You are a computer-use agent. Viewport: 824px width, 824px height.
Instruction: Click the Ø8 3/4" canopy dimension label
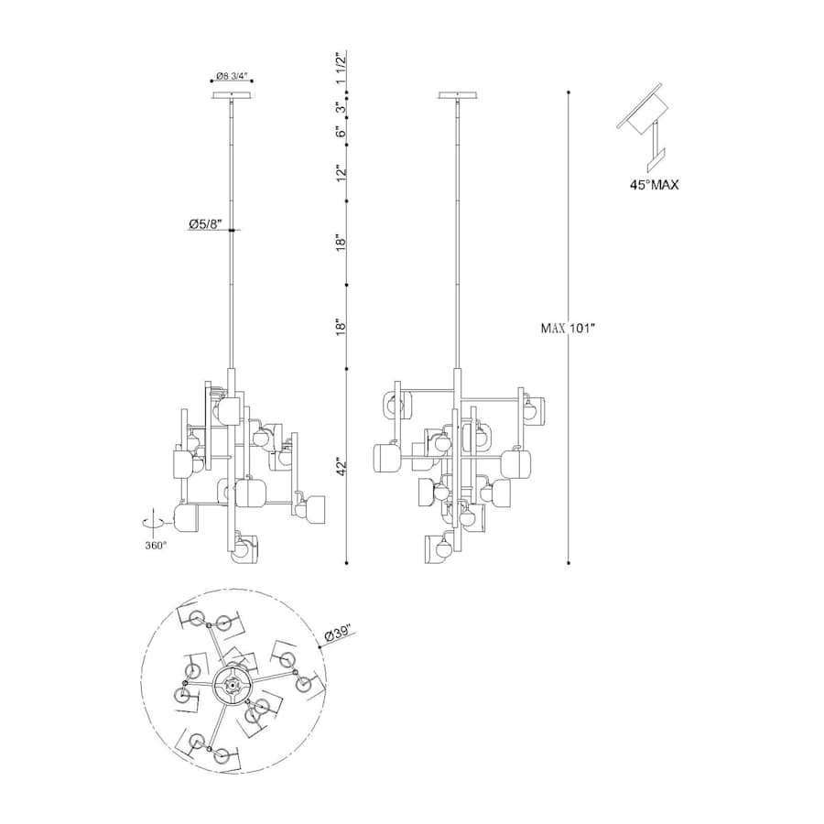click(x=232, y=76)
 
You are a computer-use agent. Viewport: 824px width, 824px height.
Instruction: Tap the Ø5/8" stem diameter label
click(x=205, y=225)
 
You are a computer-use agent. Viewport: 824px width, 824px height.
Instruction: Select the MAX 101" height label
click(x=568, y=329)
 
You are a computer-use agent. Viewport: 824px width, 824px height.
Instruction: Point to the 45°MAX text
click(x=655, y=185)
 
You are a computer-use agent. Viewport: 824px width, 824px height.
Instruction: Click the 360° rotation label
click(x=156, y=546)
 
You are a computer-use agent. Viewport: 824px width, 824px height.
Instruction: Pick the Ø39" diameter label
click(x=338, y=634)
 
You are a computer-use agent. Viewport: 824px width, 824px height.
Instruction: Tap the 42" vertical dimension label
click(x=342, y=466)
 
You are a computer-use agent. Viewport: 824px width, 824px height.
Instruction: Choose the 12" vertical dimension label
click(x=342, y=172)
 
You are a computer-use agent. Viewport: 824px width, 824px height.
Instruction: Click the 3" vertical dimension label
click(x=342, y=109)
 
